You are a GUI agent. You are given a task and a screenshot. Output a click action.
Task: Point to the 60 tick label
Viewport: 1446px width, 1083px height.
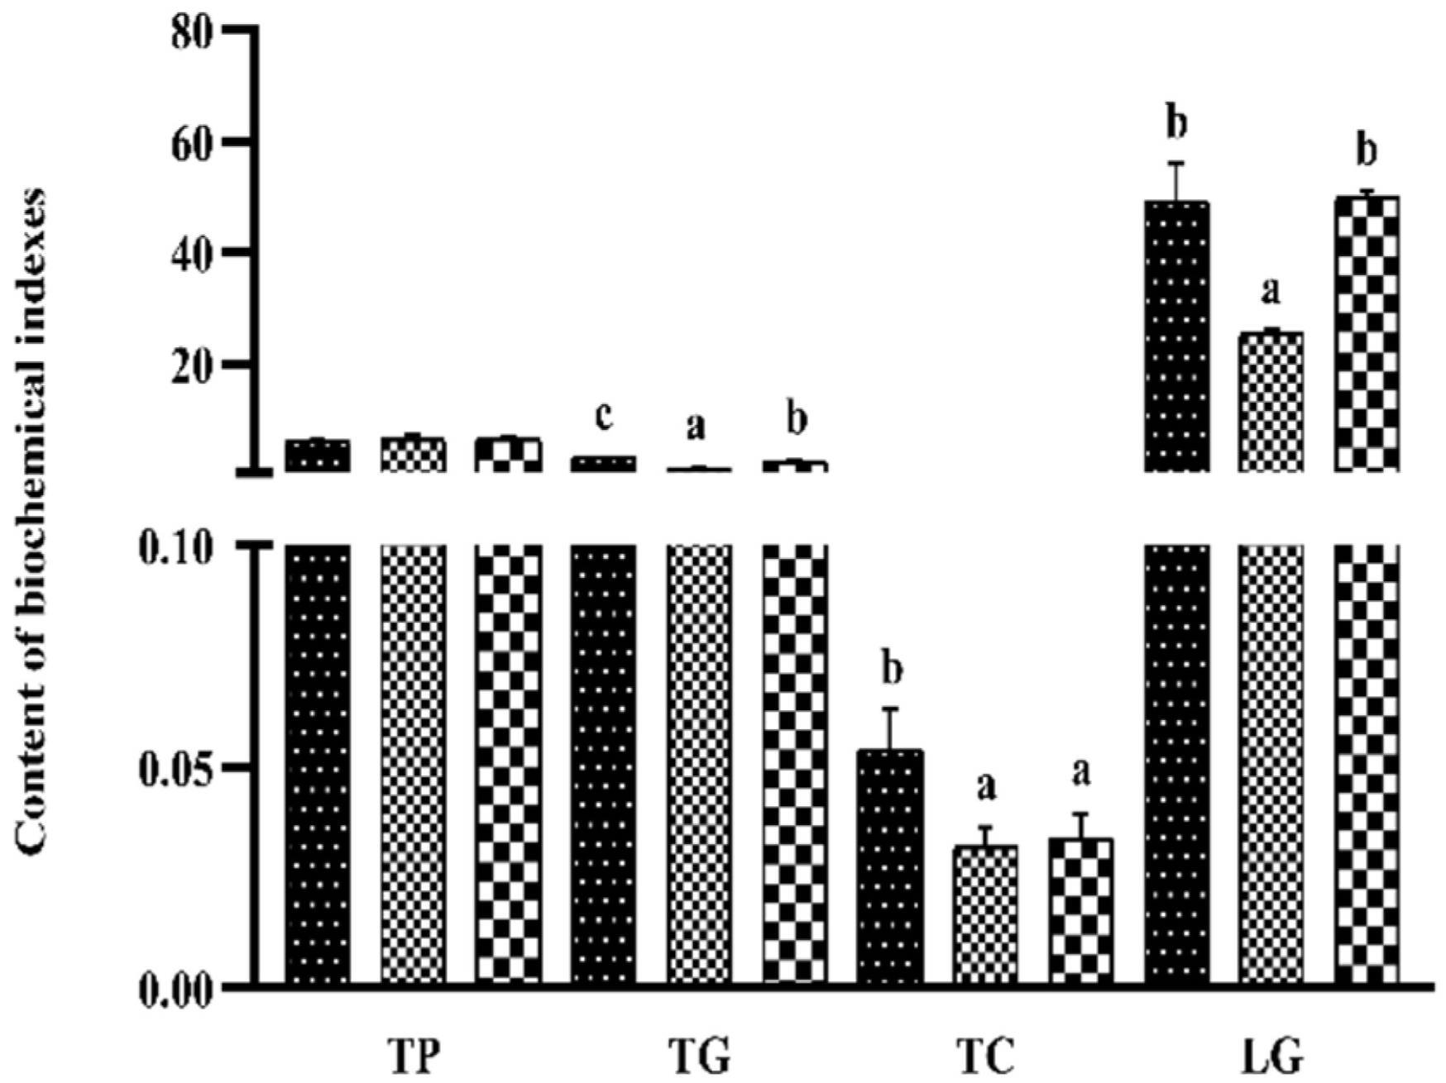(x=192, y=143)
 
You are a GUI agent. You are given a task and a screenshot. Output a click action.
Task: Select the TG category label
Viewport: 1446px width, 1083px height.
(x=699, y=1057)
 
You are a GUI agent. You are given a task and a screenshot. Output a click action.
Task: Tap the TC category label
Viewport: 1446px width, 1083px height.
(x=985, y=1057)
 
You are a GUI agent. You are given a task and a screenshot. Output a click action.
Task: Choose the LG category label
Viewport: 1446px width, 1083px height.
(x=1272, y=1057)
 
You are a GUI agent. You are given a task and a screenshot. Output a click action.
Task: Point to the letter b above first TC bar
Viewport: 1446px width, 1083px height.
(x=890, y=670)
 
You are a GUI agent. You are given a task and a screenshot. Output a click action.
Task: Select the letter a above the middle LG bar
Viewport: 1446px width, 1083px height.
(x=1271, y=291)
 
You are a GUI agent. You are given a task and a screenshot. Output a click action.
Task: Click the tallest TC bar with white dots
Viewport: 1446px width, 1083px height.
(x=890, y=868)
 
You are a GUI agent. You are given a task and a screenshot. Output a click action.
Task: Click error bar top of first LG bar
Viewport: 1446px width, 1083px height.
(x=1177, y=164)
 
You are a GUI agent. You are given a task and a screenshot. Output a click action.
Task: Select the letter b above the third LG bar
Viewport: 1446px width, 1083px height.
(x=1367, y=151)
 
